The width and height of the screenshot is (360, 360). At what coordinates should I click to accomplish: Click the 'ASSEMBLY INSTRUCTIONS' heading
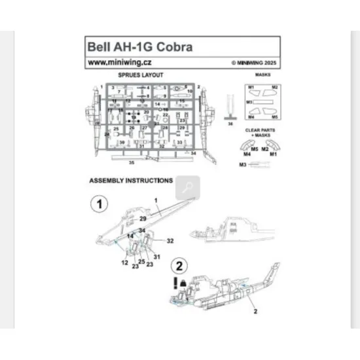[x=131, y=179]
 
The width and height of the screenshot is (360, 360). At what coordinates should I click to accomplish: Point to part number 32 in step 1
[x=170, y=241]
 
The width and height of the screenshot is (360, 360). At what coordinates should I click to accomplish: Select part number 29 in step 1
[x=143, y=216]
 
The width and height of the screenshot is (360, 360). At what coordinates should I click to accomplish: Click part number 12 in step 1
[x=124, y=262]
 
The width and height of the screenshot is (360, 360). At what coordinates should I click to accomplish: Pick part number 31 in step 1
[x=157, y=256]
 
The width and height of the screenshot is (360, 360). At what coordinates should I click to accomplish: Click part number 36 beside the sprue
[x=230, y=122]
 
